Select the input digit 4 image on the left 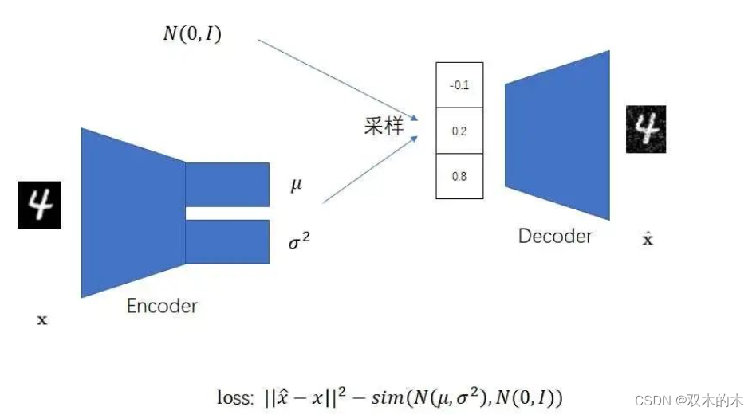pyautogui.click(x=39, y=206)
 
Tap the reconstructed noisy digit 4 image pyautogui.click(x=644, y=129)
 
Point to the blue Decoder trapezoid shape pyautogui.click(x=557, y=135)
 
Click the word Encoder pyautogui.click(x=162, y=305)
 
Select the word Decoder pyautogui.click(x=555, y=236)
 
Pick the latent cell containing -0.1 pyautogui.click(x=459, y=85)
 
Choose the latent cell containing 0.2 pyautogui.click(x=459, y=131)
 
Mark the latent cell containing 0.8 pyautogui.click(x=459, y=176)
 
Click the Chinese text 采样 pyautogui.click(x=384, y=127)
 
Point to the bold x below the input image pyautogui.click(x=42, y=320)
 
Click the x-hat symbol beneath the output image pyautogui.click(x=648, y=238)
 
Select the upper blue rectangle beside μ pyautogui.click(x=228, y=184)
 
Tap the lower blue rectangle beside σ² pyautogui.click(x=228, y=241)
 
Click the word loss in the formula pyautogui.click(x=234, y=397)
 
